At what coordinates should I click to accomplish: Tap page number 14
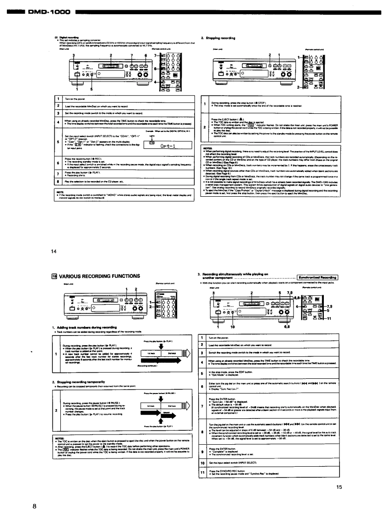point(54,252)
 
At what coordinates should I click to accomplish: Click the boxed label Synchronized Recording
point(318,277)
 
